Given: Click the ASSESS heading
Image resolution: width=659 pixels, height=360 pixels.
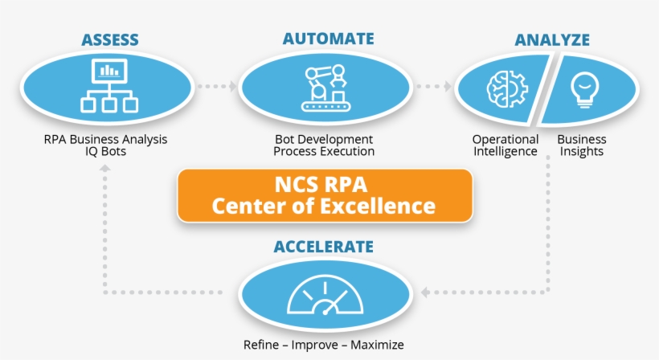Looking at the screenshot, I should (x=110, y=39).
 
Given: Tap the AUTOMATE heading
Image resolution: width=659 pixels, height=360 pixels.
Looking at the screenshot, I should (x=328, y=39).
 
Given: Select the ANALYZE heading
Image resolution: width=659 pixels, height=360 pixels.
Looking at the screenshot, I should (x=552, y=39).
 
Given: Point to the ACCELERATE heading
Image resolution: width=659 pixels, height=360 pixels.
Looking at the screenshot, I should (x=324, y=246).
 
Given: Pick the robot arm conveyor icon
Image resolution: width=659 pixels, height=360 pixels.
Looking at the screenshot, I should (x=325, y=86).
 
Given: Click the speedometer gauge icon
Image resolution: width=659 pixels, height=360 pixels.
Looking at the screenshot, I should (x=324, y=297).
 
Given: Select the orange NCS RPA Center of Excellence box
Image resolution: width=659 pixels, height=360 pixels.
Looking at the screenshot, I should (x=324, y=195).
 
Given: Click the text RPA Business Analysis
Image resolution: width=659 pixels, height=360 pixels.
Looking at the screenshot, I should (x=106, y=139).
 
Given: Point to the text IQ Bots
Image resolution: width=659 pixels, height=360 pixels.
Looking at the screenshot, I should (x=106, y=151).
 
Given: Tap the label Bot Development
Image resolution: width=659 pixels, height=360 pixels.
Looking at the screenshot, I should (x=324, y=139).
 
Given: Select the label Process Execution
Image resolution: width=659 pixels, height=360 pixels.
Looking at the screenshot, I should (x=324, y=151).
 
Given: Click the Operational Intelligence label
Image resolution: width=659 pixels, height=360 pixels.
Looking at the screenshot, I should (x=505, y=145).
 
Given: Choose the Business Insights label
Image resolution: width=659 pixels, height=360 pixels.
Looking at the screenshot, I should (x=582, y=145).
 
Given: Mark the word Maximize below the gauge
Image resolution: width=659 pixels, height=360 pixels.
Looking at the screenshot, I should (x=375, y=346).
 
